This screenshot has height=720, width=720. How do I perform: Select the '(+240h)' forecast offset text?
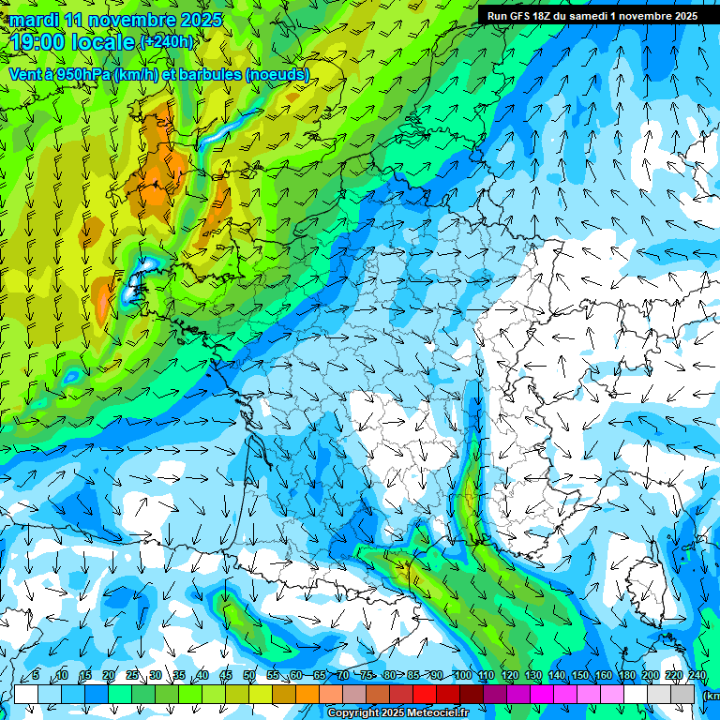pyautogui.click(x=168, y=42)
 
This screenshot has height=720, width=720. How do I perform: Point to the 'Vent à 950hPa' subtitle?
pyautogui.click(x=61, y=75)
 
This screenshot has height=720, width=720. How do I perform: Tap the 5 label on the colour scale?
pyautogui.click(x=36, y=676)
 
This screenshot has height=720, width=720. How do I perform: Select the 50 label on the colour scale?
pyautogui.click(x=249, y=676)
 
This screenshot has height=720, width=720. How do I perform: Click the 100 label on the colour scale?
pyautogui.click(x=462, y=676)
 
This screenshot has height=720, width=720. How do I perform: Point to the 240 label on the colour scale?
pyautogui.click(x=697, y=676)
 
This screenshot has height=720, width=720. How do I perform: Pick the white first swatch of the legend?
pyautogui.click(x=26, y=694)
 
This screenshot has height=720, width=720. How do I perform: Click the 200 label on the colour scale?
pyautogui.click(x=650, y=676)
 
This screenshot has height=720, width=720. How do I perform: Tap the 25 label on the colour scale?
pyautogui.click(x=131, y=676)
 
